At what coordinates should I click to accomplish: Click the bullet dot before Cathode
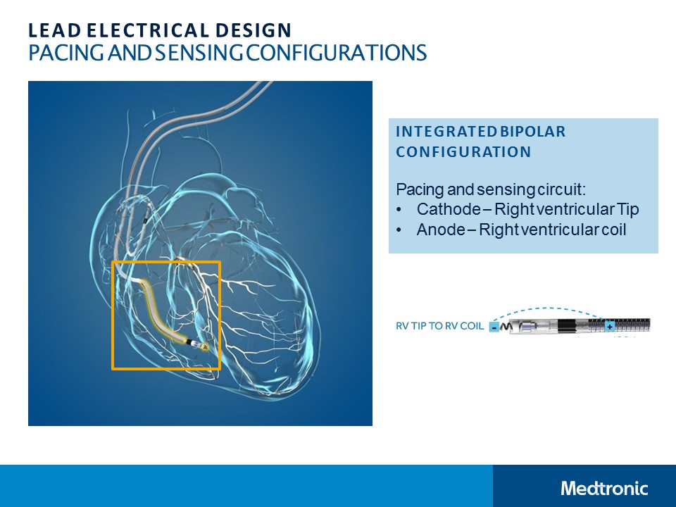point(400,209)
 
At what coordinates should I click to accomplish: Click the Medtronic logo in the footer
point(604,488)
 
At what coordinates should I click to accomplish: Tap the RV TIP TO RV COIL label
point(439,327)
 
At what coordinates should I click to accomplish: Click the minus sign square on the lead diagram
point(494,327)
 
